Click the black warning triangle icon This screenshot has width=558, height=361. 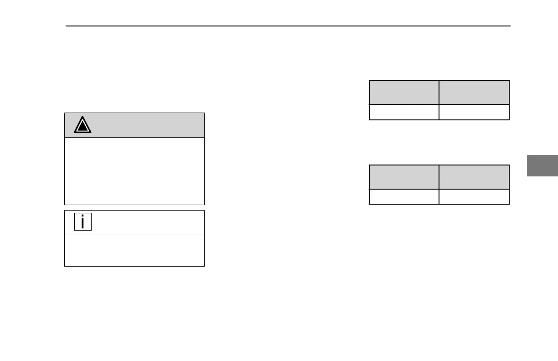[83, 125]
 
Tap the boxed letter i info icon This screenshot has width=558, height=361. [83, 222]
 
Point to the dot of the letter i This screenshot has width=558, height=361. [83, 217]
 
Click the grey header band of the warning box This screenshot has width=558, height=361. [146, 125]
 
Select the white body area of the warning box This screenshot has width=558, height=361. [134, 171]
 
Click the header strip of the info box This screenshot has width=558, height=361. [146, 222]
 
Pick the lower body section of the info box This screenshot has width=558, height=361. [134, 250]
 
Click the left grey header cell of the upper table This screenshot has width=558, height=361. [404, 93]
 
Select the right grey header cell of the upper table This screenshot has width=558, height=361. [474, 93]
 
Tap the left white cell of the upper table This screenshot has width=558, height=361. [404, 112]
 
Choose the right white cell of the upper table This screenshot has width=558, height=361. [474, 112]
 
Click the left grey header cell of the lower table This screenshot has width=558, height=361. [404, 177]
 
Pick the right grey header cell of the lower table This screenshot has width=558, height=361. [474, 177]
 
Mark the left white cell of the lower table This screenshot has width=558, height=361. [404, 196]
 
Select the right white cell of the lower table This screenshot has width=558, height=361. [474, 196]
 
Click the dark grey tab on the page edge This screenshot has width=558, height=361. [542, 165]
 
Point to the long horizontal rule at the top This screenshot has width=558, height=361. [287, 26]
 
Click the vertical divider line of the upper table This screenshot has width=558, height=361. [439, 100]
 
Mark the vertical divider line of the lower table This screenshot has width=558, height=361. [439, 185]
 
